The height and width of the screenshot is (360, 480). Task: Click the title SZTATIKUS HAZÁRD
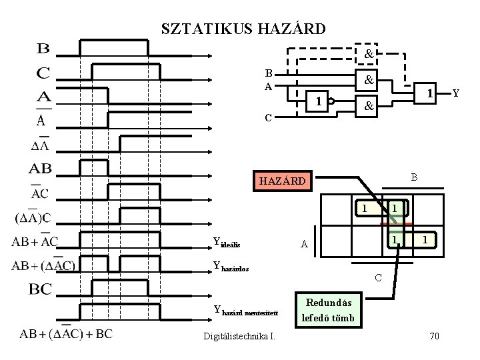pos(243,29)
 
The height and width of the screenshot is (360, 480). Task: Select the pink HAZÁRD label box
pos(283,180)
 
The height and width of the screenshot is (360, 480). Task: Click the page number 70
pos(434,336)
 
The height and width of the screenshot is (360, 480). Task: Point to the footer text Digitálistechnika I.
pos(239,336)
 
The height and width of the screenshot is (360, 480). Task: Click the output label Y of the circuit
pos(456,94)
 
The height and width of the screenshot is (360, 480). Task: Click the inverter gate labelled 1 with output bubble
pos(321,102)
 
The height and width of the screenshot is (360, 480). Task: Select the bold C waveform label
pos(43,71)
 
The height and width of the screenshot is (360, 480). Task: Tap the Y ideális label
pos(230,241)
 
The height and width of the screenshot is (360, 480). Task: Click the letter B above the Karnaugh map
pos(414,177)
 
